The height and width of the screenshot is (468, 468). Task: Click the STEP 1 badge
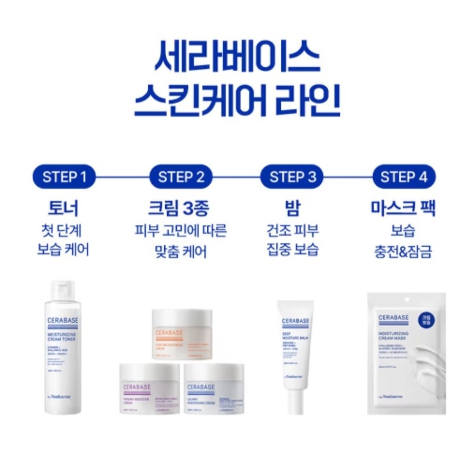coord(64,176)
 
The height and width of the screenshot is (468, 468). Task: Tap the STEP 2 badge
coord(181,176)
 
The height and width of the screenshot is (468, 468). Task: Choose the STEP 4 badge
coord(404,176)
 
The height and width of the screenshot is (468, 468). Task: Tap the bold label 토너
coord(63,208)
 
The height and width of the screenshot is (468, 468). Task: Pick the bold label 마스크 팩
coord(403,208)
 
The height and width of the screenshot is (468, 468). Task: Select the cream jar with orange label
coord(182,334)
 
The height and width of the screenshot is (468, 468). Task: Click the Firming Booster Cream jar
coord(150,388)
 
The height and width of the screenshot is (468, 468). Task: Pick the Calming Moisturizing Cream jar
coord(214,388)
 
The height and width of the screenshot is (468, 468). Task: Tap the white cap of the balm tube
coord(295,402)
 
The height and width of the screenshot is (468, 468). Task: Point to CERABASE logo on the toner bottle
coord(63,321)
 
